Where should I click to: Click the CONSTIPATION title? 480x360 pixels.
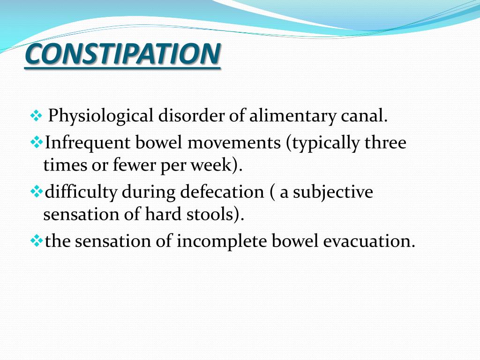pyautogui.click(x=122, y=55)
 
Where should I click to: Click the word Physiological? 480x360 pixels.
pyautogui.click(x=101, y=115)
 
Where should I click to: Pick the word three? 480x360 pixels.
pyautogui.click(x=386, y=142)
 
